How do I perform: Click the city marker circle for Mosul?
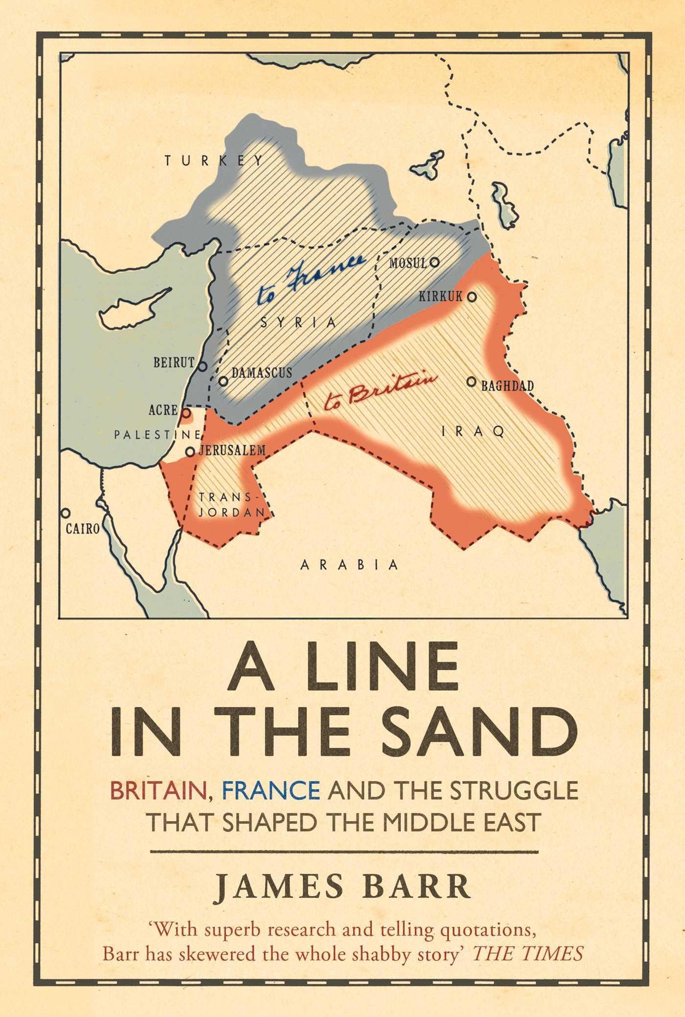434,262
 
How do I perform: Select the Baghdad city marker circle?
471,381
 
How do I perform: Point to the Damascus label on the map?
262,373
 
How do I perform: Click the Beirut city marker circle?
202,365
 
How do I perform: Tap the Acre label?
163,410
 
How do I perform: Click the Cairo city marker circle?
65,513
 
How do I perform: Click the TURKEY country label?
214,161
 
